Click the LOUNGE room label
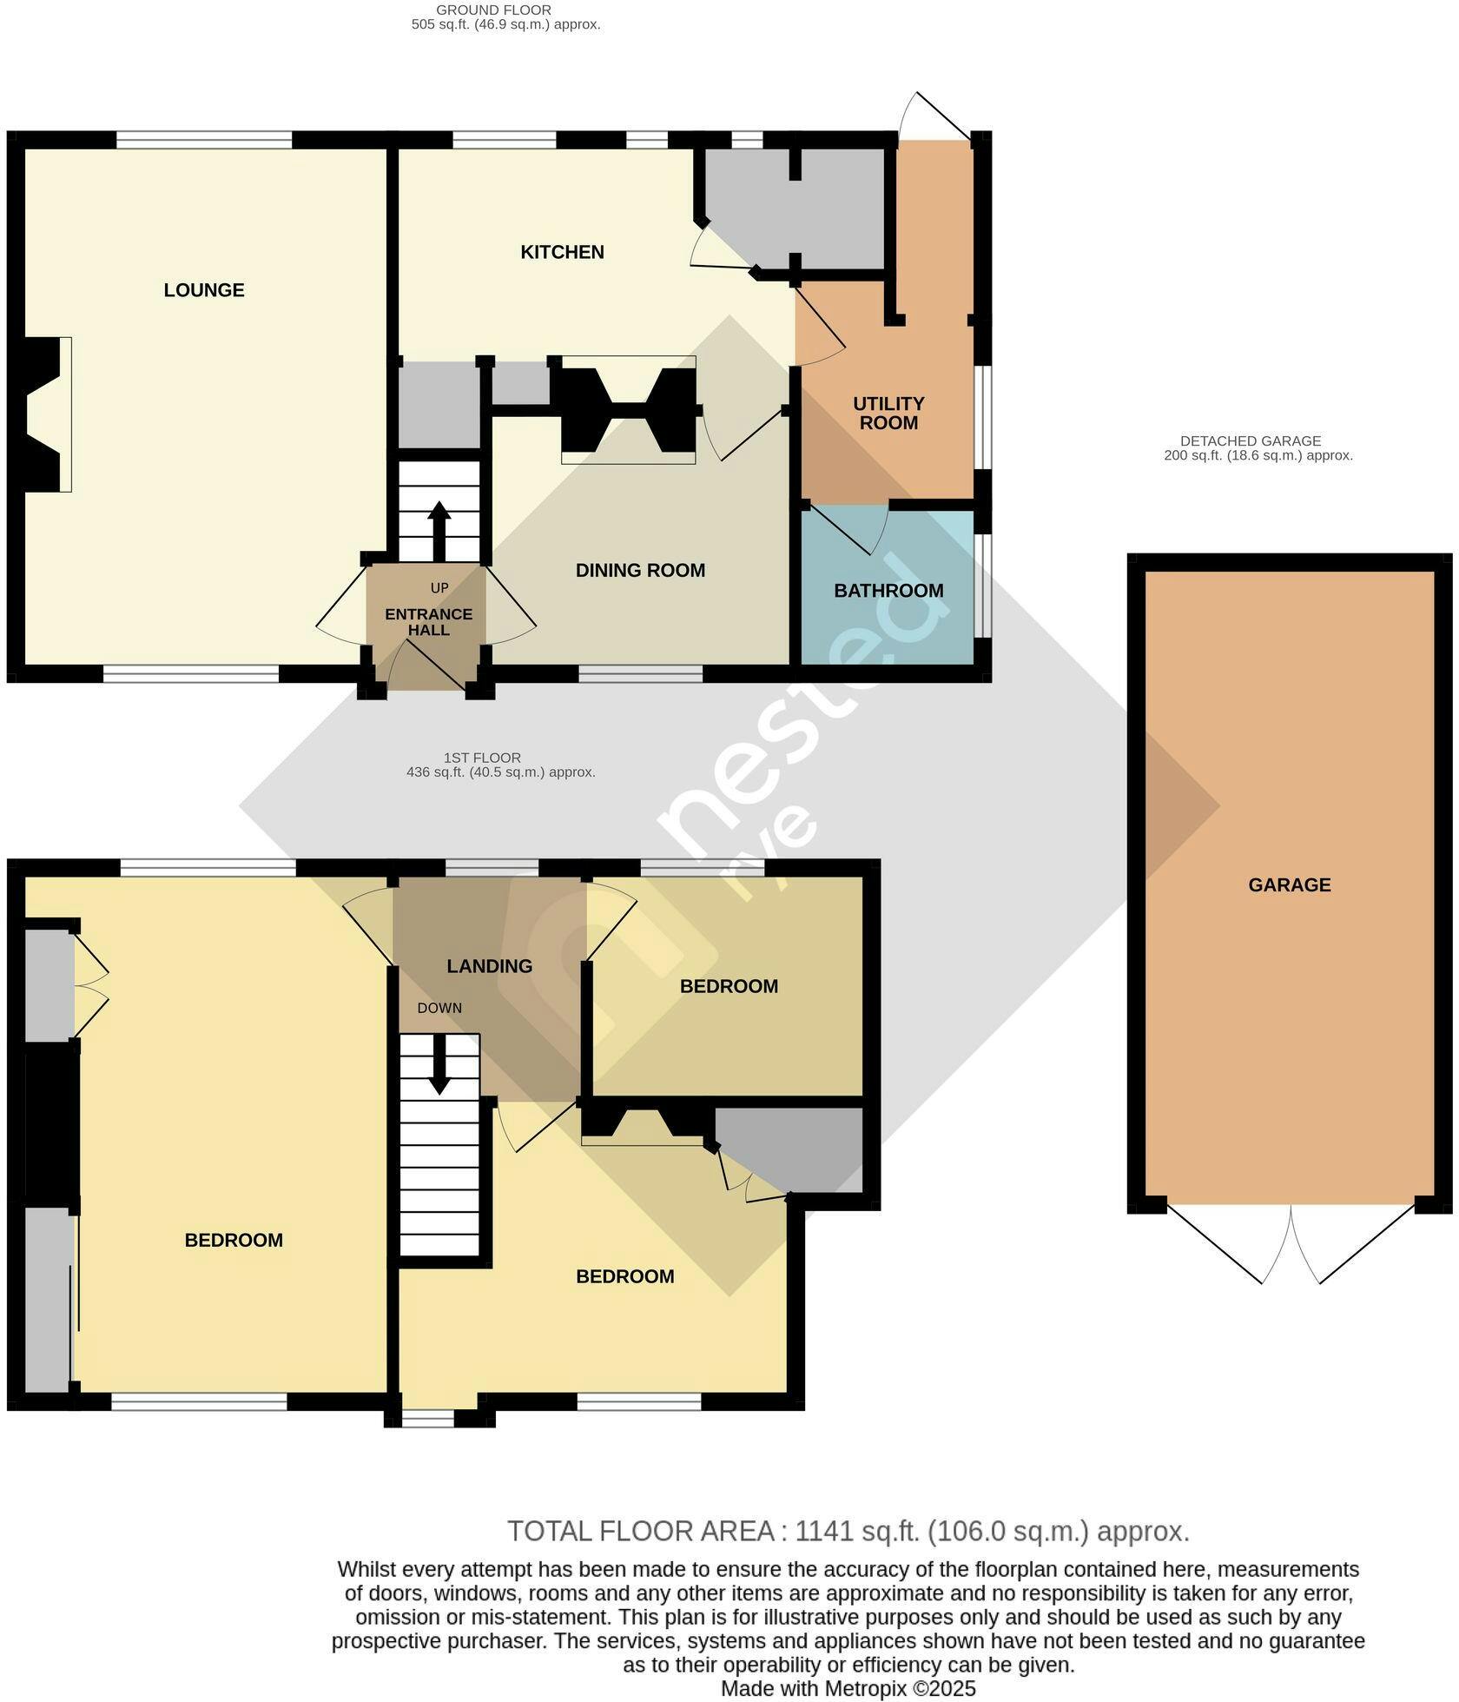coord(204,290)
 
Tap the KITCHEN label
coord(562,252)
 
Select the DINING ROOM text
coord(640,571)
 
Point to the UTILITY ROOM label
coord(888,414)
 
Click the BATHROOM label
coord(888,591)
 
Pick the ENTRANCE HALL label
coord(429,622)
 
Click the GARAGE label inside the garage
coord(1290,885)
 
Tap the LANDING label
coord(490,966)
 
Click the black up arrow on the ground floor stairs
coord(439,532)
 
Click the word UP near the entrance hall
coord(439,588)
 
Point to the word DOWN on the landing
coord(439,1009)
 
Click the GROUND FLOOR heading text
coord(493,10)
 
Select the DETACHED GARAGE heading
coord(1251,441)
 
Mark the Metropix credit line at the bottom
coord(848,1689)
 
